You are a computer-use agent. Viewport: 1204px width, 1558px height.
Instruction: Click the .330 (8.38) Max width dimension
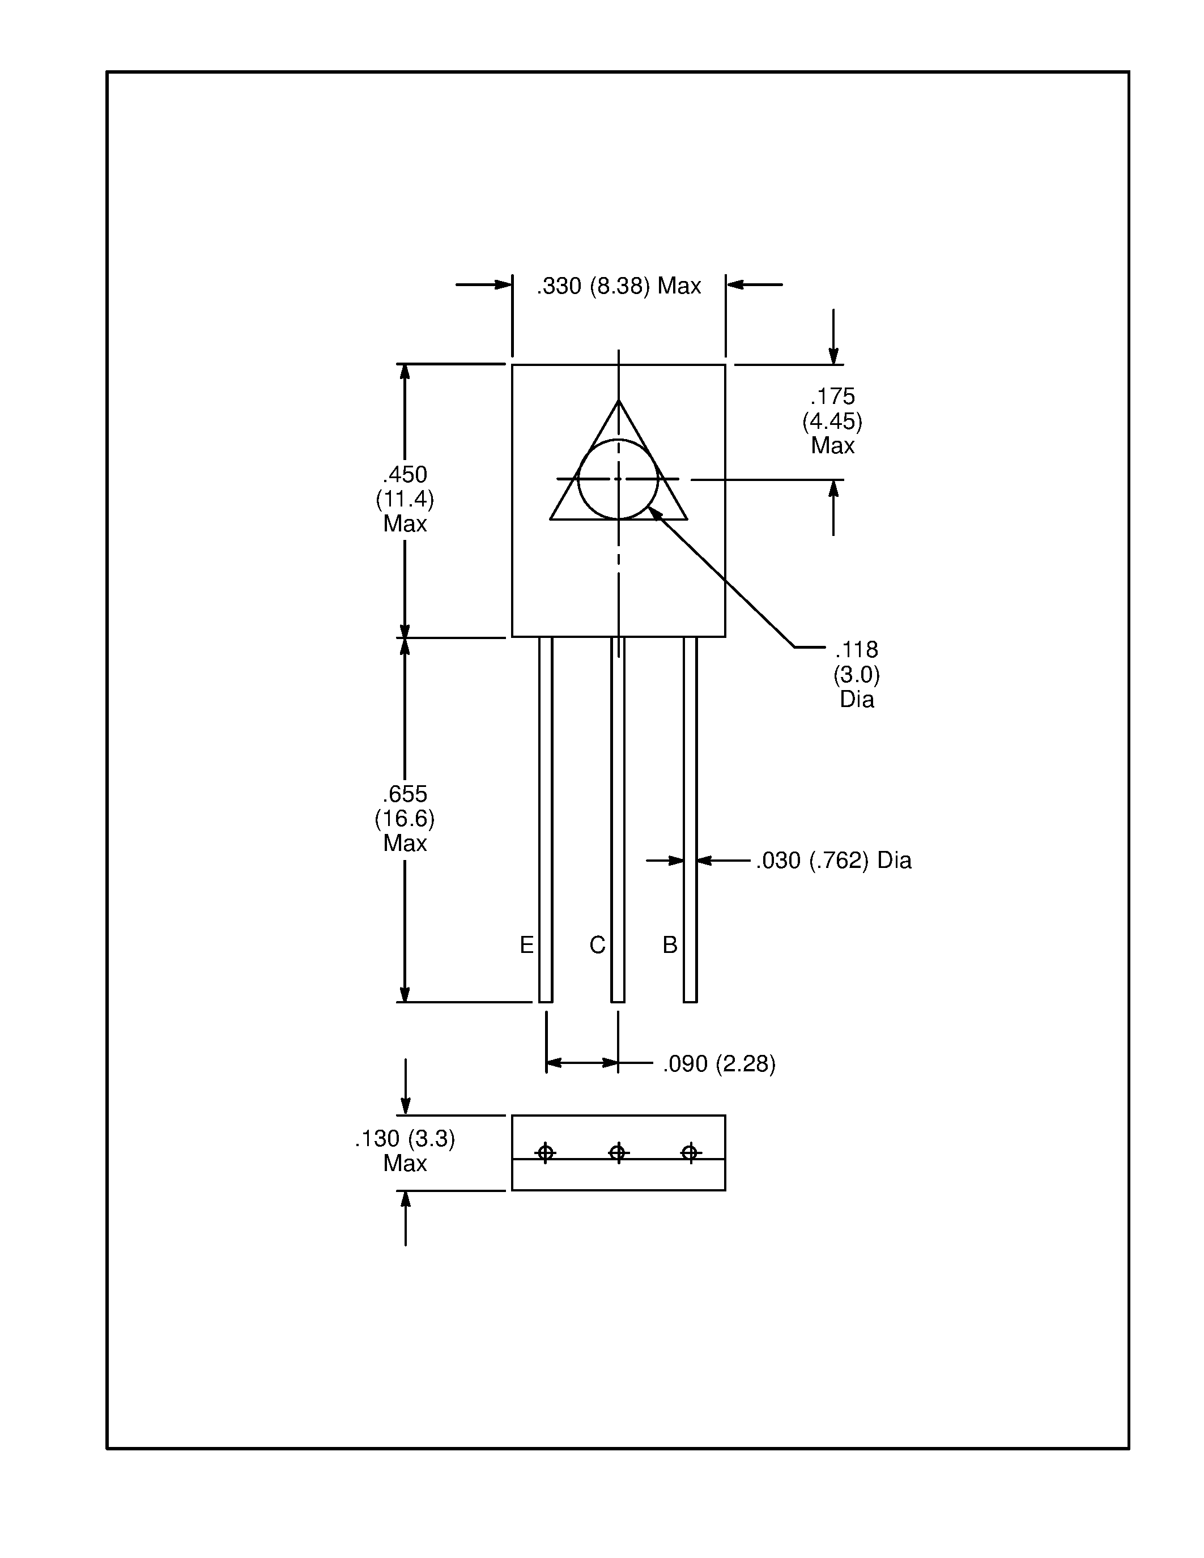coord(618,286)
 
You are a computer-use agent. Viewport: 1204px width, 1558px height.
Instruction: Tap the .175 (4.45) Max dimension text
coord(832,421)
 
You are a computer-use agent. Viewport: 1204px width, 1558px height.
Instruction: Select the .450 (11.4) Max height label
coord(405,499)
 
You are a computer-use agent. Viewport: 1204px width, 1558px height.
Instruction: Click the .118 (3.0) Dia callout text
coord(856,674)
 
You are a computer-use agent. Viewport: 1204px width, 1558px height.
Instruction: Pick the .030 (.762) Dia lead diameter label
coord(833,861)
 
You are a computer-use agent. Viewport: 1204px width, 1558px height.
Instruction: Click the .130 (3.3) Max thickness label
coord(405,1151)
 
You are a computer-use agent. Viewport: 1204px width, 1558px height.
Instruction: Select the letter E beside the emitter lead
coord(526,945)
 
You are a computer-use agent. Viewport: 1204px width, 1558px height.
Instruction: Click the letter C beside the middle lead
coord(597,945)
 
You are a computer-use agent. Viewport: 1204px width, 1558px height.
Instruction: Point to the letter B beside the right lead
coord(670,945)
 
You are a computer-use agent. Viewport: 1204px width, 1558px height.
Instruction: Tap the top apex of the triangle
coord(618,401)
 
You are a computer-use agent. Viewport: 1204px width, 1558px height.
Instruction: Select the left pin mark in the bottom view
coord(546,1152)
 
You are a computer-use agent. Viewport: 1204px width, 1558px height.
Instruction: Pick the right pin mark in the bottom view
coord(690,1152)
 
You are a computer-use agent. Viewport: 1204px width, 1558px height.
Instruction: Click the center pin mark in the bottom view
coord(618,1152)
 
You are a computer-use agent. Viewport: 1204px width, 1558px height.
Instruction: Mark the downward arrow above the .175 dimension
coord(833,355)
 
